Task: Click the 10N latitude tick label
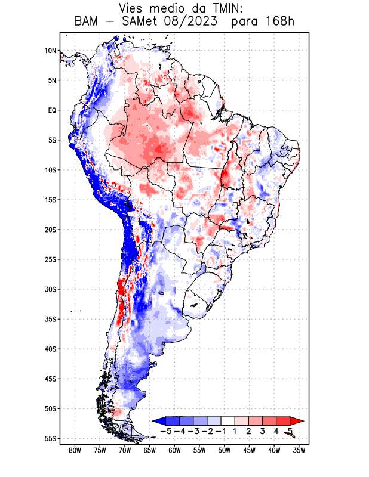[50, 51]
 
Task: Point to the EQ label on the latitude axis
[52, 110]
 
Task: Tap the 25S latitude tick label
[50, 259]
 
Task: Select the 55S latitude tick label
[50, 438]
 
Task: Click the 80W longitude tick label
[75, 450]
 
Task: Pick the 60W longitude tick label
[174, 450]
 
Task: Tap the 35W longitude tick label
[299, 450]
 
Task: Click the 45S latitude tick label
[50, 379]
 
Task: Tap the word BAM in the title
[88, 22]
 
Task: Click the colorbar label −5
[165, 430]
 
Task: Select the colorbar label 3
[263, 430]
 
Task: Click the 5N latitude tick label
[52, 80]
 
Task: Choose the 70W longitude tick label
[125, 450]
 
